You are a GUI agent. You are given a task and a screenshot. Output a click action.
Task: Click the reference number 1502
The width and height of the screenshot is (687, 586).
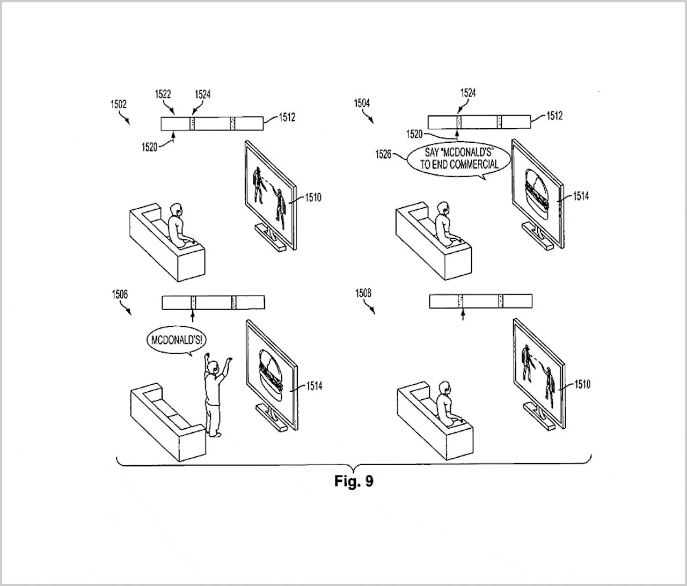[x=119, y=104]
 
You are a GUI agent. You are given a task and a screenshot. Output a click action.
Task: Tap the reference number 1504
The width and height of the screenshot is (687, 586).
[x=362, y=104]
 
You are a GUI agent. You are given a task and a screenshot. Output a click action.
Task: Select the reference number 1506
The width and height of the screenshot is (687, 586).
[x=120, y=295]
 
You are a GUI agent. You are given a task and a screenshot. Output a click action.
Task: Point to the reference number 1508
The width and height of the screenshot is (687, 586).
[x=363, y=293]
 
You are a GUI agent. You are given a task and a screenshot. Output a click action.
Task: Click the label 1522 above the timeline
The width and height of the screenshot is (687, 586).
[x=163, y=94]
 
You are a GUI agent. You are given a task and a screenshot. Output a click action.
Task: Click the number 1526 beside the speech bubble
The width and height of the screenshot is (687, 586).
[x=383, y=155]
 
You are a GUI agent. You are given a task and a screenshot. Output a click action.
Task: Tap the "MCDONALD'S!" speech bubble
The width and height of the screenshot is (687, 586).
[x=176, y=340]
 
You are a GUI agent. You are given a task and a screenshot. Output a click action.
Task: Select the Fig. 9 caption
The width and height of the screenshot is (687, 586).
[x=354, y=481]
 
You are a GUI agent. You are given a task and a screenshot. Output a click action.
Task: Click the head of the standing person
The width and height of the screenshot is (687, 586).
[x=213, y=368]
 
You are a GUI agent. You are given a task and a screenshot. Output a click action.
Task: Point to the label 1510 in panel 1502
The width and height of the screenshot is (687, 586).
[x=313, y=198]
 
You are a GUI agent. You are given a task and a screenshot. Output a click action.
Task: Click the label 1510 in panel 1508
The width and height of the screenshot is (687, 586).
[x=582, y=385]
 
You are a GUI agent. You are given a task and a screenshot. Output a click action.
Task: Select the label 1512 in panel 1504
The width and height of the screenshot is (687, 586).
[x=554, y=116]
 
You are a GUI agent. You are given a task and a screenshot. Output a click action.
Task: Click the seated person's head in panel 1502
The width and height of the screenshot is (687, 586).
[x=176, y=210]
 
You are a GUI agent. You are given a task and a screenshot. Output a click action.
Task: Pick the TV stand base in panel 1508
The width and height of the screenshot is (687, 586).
[x=539, y=417]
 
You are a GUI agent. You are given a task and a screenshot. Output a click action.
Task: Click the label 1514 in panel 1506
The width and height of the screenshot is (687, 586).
[x=314, y=386]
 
